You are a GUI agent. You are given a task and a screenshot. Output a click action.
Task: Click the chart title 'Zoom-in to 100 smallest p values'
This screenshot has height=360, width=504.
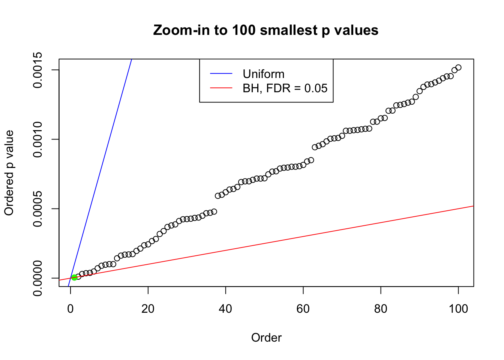click(265, 30)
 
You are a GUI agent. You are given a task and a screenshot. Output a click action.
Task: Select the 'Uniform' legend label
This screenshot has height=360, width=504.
click(263, 74)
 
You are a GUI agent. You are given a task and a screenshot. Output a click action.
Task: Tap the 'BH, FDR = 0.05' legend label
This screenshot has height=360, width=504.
click(285, 88)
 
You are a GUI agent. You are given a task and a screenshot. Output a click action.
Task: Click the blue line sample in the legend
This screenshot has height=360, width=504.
click(221, 74)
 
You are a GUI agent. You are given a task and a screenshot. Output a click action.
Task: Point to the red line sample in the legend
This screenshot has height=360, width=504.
click(221, 88)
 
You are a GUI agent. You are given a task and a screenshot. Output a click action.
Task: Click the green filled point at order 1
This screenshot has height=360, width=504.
click(74, 277)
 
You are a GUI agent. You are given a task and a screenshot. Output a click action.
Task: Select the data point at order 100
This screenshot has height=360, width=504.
click(458, 67)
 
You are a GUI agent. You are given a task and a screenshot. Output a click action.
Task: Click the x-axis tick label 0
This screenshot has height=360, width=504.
click(70, 309)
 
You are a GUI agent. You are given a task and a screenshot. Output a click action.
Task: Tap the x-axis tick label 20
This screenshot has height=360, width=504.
click(148, 309)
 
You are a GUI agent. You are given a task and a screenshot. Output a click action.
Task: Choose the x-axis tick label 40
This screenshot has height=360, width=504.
click(226, 309)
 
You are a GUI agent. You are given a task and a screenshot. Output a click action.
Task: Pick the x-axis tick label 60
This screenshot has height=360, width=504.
click(303, 309)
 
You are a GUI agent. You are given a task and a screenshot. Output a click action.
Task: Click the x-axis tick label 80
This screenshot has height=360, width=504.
click(381, 309)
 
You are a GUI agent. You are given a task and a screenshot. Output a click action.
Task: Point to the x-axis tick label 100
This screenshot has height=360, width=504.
click(458, 309)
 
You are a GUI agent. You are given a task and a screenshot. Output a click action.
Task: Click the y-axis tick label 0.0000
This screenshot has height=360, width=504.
click(37, 278)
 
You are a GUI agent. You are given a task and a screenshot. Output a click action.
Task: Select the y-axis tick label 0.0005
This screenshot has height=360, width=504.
click(37, 209)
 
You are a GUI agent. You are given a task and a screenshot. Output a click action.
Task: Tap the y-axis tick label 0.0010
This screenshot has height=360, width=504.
click(37, 139)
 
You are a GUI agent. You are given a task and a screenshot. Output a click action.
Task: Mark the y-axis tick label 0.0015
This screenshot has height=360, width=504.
click(37, 70)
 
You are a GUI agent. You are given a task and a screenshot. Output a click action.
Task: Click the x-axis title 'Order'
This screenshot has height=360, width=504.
click(266, 337)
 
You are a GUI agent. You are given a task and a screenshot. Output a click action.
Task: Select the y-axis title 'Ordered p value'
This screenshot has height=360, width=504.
click(9, 173)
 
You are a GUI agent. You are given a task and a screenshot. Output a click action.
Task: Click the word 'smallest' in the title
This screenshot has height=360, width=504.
click(288, 30)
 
